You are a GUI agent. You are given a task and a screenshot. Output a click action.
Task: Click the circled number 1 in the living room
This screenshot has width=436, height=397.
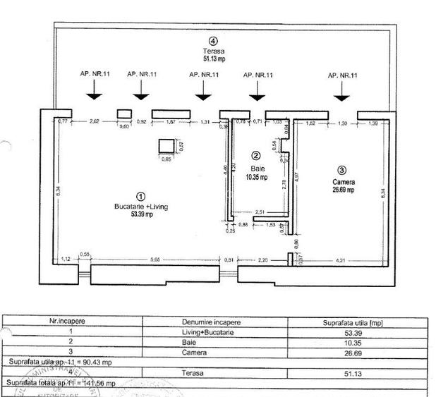(x=140, y=197)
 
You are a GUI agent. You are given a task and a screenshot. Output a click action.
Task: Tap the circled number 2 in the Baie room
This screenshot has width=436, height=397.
(x=256, y=156)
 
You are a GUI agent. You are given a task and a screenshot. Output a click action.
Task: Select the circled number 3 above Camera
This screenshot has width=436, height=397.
(x=341, y=170)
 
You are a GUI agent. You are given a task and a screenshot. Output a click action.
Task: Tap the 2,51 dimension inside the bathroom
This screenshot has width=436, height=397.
(x=259, y=212)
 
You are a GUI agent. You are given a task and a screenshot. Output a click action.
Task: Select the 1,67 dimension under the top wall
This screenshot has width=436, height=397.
(x=170, y=121)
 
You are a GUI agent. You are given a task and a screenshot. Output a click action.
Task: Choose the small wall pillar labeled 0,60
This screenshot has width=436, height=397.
(x=124, y=114)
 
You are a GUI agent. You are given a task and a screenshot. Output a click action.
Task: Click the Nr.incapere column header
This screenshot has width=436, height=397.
(x=71, y=321)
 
